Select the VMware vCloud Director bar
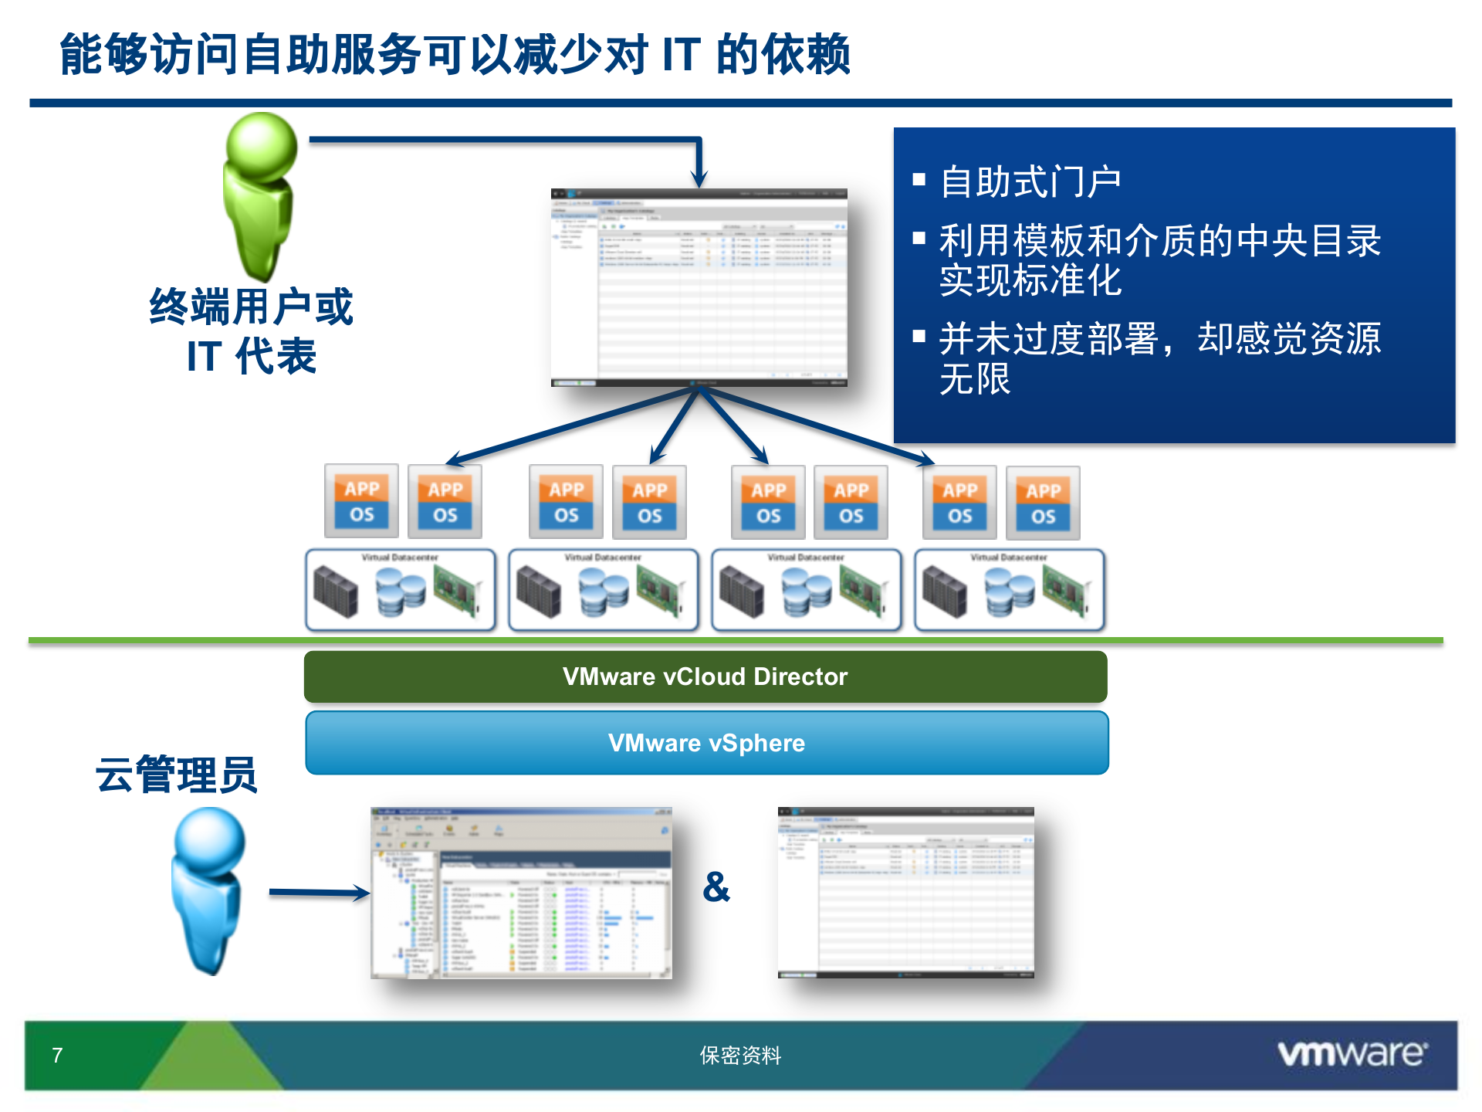pos(705,676)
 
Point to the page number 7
pos(57,1055)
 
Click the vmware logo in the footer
pos(1352,1053)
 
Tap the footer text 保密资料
pos(740,1055)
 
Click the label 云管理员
pos(176,775)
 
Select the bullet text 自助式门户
pos(1030,182)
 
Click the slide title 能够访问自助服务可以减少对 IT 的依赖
pos(455,55)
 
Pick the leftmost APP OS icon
pos(362,501)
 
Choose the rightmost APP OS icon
pos(1043,503)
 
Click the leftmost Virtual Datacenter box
pos(400,590)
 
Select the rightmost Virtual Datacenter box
pos(1009,590)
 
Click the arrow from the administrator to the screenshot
pos(318,893)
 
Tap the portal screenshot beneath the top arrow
pos(699,287)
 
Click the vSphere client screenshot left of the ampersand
pos(521,893)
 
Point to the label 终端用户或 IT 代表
pos(252,331)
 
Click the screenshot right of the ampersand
pos(905,893)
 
